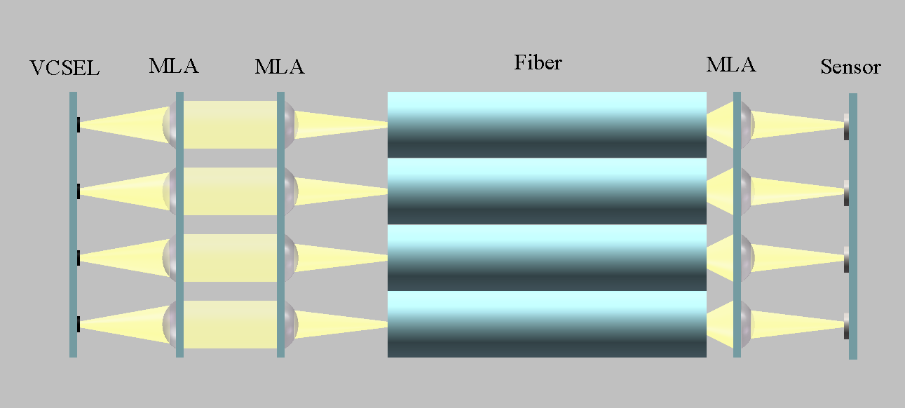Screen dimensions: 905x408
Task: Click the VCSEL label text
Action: tap(64, 68)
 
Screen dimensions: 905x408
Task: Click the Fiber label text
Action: tap(538, 62)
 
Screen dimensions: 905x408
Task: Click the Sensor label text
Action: tap(850, 67)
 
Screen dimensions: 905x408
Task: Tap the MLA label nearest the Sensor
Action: tap(731, 64)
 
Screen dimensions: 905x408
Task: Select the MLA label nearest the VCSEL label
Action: tap(174, 66)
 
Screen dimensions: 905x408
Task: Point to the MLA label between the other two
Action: tap(280, 67)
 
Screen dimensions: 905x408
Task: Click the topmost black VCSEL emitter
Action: tap(79, 124)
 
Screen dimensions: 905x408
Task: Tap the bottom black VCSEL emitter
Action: tap(79, 325)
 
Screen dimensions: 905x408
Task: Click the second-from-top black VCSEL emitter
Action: tap(79, 191)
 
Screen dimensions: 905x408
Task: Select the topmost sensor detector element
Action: tap(846, 127)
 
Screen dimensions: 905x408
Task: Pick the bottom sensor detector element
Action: tap(846, 326)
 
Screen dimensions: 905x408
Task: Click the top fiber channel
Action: tap(547, 125)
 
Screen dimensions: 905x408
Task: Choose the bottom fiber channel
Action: tap(547, 325)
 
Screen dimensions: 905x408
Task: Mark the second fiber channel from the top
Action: tap(547, 191)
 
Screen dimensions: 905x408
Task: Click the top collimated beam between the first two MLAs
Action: tap(231, 125)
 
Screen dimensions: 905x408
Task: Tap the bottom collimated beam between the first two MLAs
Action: tap(231, 325)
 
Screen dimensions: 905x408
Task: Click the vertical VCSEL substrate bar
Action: tap(73, 224)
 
